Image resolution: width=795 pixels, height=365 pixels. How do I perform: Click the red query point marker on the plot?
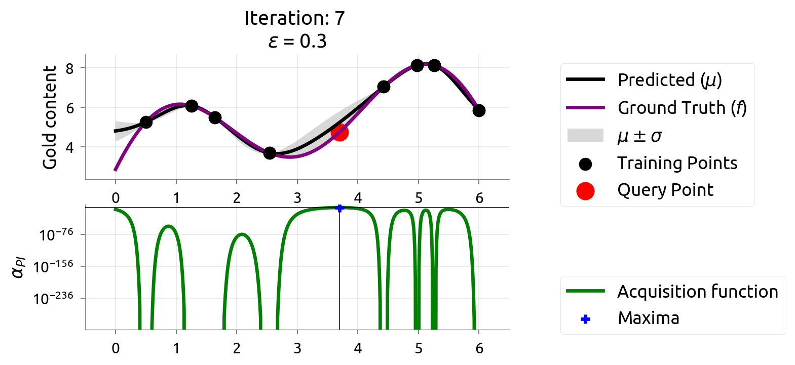point(339,132)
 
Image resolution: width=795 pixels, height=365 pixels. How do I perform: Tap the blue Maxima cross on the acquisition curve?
point(339,208)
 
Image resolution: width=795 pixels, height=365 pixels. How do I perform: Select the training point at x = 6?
point(479,110)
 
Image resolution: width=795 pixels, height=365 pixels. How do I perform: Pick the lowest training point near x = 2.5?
point(270,153)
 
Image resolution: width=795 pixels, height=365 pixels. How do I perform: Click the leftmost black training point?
point(146,122)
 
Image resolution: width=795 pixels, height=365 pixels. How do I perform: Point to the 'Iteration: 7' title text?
point(294,18)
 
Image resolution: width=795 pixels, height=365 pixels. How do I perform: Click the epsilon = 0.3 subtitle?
point(297,41)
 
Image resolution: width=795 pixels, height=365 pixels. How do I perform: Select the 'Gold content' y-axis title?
point(49,117)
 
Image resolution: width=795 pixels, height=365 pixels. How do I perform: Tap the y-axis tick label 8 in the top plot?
point(69,68)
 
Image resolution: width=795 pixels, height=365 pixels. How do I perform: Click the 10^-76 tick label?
point(56,235)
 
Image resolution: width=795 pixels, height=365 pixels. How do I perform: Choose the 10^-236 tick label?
point(53,299)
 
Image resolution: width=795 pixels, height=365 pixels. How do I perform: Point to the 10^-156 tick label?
point(53,266)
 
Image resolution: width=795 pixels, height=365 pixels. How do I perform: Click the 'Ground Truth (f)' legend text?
point(682,108)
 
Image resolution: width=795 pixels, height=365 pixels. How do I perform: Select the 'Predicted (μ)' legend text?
point(669,80)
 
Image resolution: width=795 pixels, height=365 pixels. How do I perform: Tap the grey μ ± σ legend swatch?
point(585,135)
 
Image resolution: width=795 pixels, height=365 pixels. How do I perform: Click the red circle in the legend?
point(585,191)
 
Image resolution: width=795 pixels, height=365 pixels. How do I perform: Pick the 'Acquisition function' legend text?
point(697,292)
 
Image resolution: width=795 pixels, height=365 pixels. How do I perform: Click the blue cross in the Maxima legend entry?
point(585,319)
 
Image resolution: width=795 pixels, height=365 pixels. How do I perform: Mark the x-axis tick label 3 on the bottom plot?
point(297,348)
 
